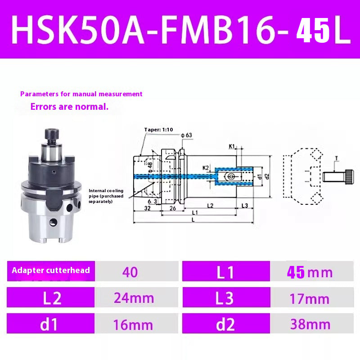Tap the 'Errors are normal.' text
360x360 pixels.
click(x=69, y=107)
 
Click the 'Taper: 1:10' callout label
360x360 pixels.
click(x=158, y=130)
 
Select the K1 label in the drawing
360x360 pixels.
click(x=232, y=146)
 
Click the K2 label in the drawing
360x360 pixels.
click(x=206, y=167)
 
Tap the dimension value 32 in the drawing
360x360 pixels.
click(x=147, y=209)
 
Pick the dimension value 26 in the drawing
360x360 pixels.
click(x=172, y=209)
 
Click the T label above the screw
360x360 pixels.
click(x=336, y=158)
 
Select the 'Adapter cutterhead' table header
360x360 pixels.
click(x=51, y=270)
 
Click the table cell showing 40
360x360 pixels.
click(x=130, y=272)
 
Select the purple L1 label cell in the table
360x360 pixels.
click(x=226, y=272)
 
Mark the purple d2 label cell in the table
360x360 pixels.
click(x=226, y=324)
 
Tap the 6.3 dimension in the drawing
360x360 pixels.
click(x=153, y=202)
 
